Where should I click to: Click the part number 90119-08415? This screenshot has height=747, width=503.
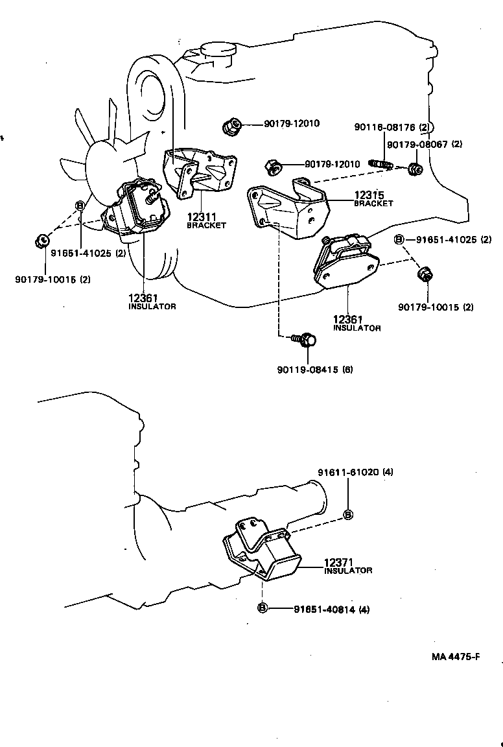tap(307, 370)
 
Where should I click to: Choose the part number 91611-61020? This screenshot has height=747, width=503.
tap(348, 472)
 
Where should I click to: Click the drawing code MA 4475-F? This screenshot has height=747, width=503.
tap(456, 656)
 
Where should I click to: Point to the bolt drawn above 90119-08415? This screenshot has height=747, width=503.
tap(305, 338)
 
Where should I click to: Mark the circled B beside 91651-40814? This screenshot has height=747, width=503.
tap(263, 608)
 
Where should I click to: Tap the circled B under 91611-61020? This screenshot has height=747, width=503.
tap(348, 514)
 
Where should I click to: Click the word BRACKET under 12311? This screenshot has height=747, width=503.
tap(206, 226)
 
